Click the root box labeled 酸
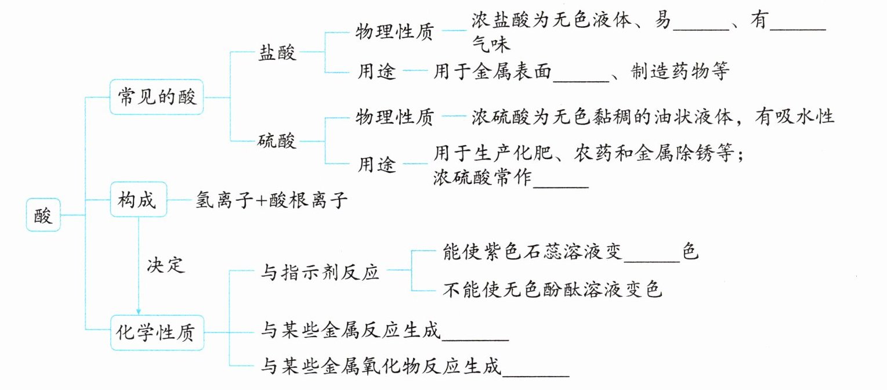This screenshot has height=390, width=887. click(43, 215)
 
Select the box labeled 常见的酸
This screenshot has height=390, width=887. click(157, 97)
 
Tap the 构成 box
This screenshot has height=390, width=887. click(138, 200)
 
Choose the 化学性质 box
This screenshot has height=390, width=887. click(157, 333)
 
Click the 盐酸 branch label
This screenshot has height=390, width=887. click(277, 52)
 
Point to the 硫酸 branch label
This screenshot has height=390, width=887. click(277, 140)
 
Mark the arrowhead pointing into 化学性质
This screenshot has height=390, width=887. click(138, 312)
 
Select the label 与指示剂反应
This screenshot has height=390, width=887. click(320, 272)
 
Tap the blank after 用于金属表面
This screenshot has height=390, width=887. click(581, 81)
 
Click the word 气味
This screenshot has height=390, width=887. click(491, 44)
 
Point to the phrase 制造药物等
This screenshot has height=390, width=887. click(680, 72)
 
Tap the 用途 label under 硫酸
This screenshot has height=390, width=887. click(376, 164)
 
